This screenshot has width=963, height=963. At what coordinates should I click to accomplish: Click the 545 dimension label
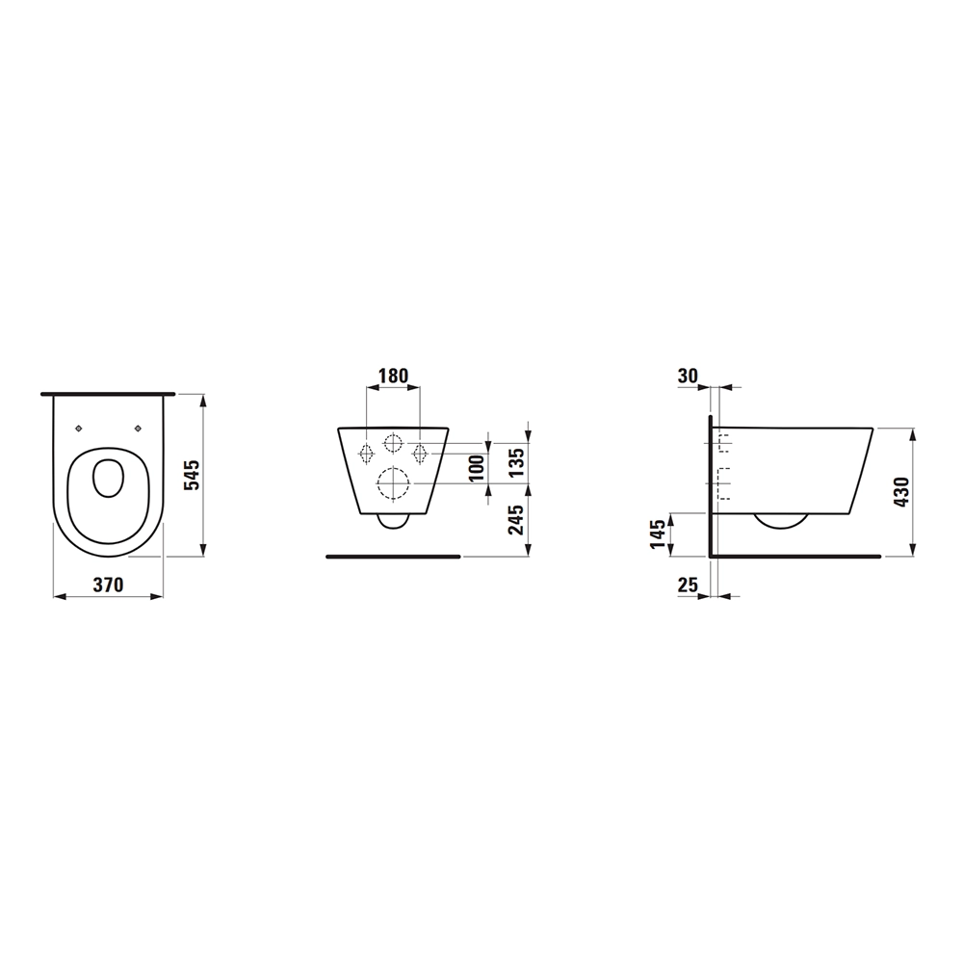coord(193,475)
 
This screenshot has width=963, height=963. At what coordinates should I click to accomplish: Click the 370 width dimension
coord(108,585)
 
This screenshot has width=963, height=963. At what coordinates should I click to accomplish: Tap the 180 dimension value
coord(393,376)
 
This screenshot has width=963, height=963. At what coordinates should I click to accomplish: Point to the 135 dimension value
coord(516,462)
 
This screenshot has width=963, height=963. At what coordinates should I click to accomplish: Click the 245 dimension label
coord(516,520)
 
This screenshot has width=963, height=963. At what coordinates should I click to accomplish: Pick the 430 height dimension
coord(901,492)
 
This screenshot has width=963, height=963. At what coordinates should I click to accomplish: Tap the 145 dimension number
coord(657,534)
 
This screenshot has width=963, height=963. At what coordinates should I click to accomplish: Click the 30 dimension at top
coord(688,376)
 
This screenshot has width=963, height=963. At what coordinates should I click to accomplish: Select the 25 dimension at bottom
coord(688,585)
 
